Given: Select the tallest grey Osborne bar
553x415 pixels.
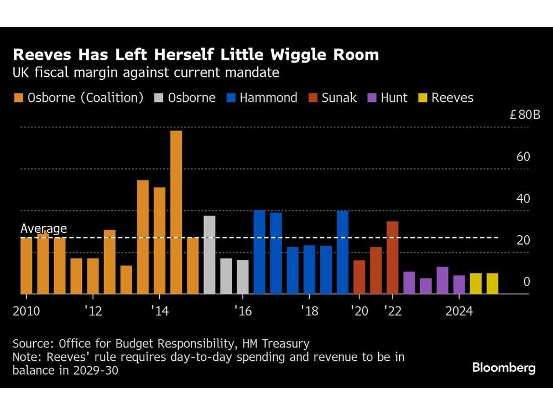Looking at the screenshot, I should click(209, 255).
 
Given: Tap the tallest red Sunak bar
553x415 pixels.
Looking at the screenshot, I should click(392, 257).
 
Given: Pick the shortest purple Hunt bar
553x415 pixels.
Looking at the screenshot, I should click(425, 286).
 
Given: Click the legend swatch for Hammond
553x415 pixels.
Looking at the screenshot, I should click(232, 98).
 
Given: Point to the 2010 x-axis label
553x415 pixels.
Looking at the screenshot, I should click(26, 311).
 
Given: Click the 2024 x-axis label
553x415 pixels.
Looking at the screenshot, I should click(459, 311).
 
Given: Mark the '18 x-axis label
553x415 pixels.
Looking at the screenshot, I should click(309, 311).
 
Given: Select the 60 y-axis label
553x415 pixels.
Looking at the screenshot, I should click(523, 157).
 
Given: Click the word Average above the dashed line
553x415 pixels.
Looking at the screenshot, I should click(44, 229).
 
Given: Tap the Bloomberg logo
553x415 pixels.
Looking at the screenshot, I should click(504, 368).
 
